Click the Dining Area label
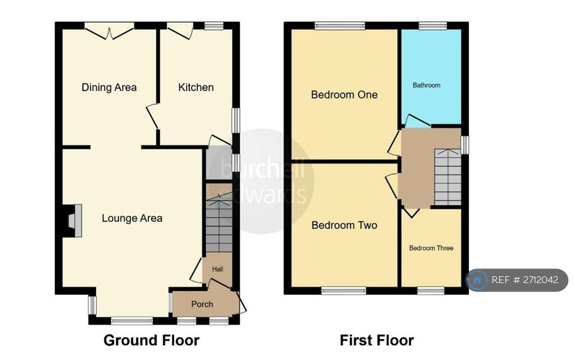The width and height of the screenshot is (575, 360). coord(109,87)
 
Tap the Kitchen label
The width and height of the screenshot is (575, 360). coord(196,87)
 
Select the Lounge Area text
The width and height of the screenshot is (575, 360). coord(132,218)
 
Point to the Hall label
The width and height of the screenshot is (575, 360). coord(217,269)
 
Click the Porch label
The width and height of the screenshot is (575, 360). coord(202,304)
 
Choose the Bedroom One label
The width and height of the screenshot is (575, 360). coord(344,94)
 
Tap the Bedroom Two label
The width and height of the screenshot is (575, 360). coord(344,225)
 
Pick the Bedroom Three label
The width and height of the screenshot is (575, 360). coord(431,248)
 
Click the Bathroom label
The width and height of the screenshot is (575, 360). coord(426,85)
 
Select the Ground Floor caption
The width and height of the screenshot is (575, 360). coord(152,340)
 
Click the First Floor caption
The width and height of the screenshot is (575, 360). coord(377,340)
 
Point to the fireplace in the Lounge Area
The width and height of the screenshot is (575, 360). coord(72,219)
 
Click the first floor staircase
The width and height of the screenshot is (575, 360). coord(448,177)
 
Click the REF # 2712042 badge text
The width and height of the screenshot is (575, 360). coord(525,280)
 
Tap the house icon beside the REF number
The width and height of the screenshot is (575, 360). coord(477,280)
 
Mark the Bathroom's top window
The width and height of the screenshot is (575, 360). coord(432,25)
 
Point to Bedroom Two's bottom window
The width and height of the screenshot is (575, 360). coord(344,290)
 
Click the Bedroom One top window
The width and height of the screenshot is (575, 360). coord(340,25)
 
